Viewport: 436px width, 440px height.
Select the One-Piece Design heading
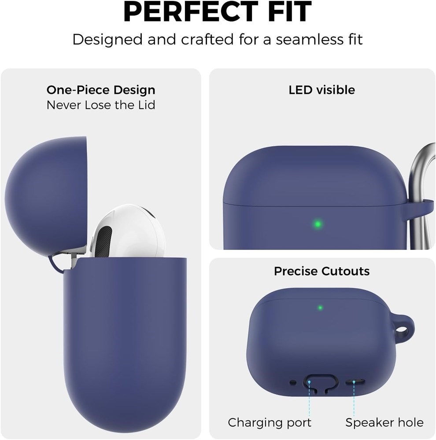(101, 90)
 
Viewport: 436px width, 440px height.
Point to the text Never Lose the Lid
(101, 105)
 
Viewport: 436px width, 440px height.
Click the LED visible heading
(321, 90)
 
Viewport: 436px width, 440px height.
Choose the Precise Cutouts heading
(321, 271)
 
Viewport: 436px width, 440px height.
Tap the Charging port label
(270, 422)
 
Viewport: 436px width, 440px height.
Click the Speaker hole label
(384, 422)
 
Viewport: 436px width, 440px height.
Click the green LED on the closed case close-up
(318, 224)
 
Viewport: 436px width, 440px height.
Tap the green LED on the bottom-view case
(320, 308)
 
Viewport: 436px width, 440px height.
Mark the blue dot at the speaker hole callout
(354, 382)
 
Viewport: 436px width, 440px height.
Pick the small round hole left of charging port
(293, 382)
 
